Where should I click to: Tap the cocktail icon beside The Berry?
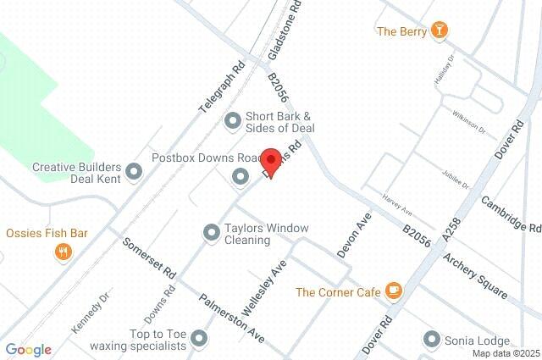tap(439, 32)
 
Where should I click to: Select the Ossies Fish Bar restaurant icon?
tap(63, 252)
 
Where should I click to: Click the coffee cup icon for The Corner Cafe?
tap(392, 291)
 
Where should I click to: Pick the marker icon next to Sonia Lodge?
tap(431, 340)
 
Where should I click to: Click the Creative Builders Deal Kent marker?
tap(133, 174)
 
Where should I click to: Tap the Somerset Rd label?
tap(149, 258)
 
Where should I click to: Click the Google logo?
tap(28, 349)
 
